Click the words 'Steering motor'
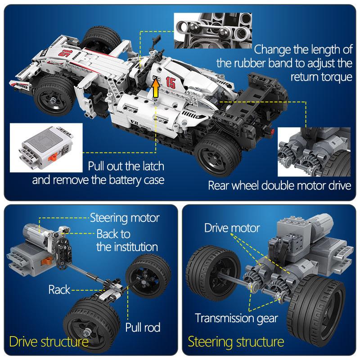pos(125,218)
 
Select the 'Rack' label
pos(59,289)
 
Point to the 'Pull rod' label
pos(143,328)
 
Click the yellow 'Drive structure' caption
pos(49,342)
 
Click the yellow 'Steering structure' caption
pos(236,342)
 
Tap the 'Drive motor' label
pos(232,228)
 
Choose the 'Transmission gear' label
pos(237,319)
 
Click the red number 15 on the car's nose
pos(63,53)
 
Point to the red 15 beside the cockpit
pos(171,83)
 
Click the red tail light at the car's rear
pos(272,131)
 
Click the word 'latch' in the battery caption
pos(152,166)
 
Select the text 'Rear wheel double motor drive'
pos(279,185)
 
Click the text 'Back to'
pos(113,234)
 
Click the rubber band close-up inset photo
pos(213,31)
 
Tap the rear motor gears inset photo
pos(314,152)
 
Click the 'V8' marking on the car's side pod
pos(134,122)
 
